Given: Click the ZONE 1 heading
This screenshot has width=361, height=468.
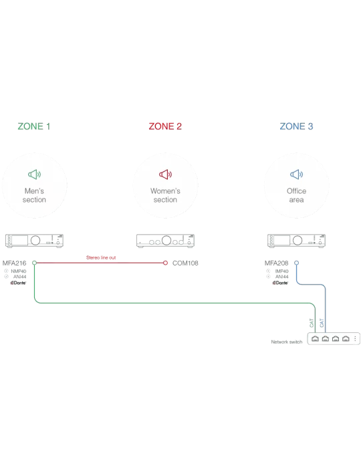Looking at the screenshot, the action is pos(33,126).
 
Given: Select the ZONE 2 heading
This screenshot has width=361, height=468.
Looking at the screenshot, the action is pos(165,126).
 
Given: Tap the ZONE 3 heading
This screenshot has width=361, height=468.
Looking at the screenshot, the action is pos(296,126).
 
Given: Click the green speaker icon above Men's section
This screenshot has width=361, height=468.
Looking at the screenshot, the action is pos(34,174).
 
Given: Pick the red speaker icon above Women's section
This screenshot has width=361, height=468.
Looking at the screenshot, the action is pos(165,174).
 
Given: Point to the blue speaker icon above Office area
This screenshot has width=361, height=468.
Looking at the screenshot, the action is pos(296,174).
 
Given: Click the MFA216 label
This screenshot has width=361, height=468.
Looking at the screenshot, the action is pos(14,263).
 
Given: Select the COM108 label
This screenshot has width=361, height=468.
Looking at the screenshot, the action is pos(185,263).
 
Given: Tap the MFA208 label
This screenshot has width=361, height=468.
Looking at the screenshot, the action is pos(277,263).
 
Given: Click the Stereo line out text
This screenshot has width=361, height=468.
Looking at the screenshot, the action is pos(101,257).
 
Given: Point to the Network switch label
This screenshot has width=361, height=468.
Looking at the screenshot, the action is pos(287,342).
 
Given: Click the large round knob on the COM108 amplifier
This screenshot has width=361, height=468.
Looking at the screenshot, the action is pos(166,240).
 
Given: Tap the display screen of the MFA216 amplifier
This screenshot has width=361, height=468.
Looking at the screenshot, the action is pos(19,240).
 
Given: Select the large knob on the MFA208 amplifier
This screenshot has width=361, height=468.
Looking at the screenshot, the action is pos(297,240).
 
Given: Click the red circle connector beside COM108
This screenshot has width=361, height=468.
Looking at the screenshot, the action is pos(165,263).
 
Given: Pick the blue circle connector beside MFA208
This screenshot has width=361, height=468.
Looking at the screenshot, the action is pos(296,263).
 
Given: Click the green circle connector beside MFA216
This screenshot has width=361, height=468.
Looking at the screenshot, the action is pos(34,263).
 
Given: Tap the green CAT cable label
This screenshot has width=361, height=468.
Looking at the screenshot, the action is pos(312,323).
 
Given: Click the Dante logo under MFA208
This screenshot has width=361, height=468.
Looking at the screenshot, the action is pos(280,283).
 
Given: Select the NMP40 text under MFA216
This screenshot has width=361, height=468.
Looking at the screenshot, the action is pos(19,271).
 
